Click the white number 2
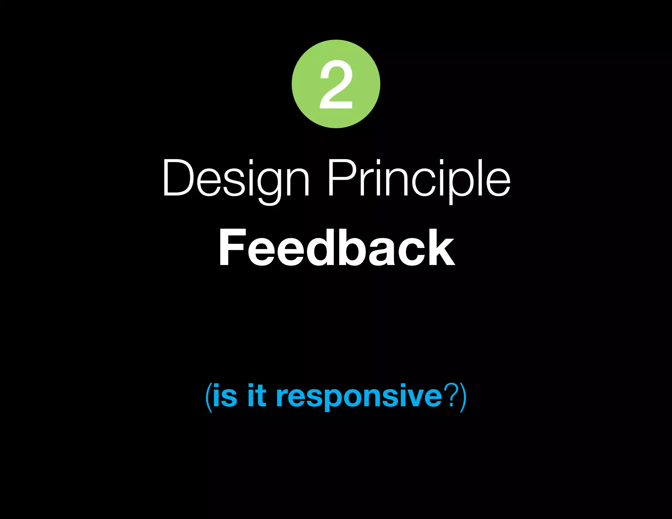tap(336, 84)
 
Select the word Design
tap(236, 179)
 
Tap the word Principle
tap(419, 179)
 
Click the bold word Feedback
tap(336, 248)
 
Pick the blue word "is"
tap(225, 396)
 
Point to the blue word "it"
tap(257, 396)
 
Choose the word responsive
tap(359, 397)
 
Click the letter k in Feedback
tap(441, 248)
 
